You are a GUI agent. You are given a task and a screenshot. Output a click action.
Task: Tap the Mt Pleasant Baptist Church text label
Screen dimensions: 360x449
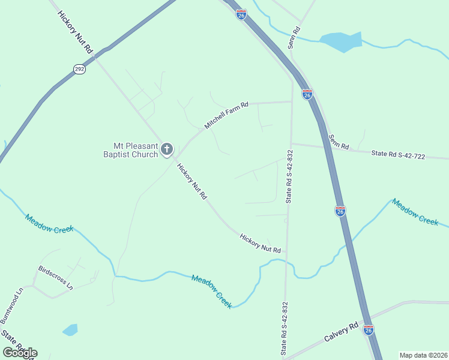135,149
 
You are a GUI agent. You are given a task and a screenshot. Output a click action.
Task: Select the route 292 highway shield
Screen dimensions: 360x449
79,70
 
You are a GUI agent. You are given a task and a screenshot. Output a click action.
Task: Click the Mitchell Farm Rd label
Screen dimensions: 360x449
226,115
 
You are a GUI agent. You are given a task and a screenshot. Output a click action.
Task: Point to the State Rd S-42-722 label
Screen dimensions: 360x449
397,155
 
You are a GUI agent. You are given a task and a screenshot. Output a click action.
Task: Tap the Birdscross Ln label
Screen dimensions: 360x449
55,278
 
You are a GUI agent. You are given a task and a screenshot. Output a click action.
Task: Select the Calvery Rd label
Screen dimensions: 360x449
341,334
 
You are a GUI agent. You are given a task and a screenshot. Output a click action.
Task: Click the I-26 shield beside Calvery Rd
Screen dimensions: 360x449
368,330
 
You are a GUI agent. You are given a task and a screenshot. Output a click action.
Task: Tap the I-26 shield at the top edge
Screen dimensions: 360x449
241,14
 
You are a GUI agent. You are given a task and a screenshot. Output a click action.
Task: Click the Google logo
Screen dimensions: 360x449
20,352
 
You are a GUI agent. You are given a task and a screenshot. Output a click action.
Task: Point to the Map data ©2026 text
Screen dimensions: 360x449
423,355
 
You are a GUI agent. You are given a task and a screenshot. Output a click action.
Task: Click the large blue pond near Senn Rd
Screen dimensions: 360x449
341,41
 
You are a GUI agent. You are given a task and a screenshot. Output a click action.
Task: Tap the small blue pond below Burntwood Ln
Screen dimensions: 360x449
70,329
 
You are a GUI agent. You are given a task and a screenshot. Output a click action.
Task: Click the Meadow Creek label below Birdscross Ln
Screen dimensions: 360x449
212,292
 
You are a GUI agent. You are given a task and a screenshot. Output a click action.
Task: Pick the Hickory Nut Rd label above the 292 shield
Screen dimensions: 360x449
76,32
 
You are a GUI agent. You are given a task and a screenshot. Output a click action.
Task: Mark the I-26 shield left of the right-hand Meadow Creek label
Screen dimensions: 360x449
340,211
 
